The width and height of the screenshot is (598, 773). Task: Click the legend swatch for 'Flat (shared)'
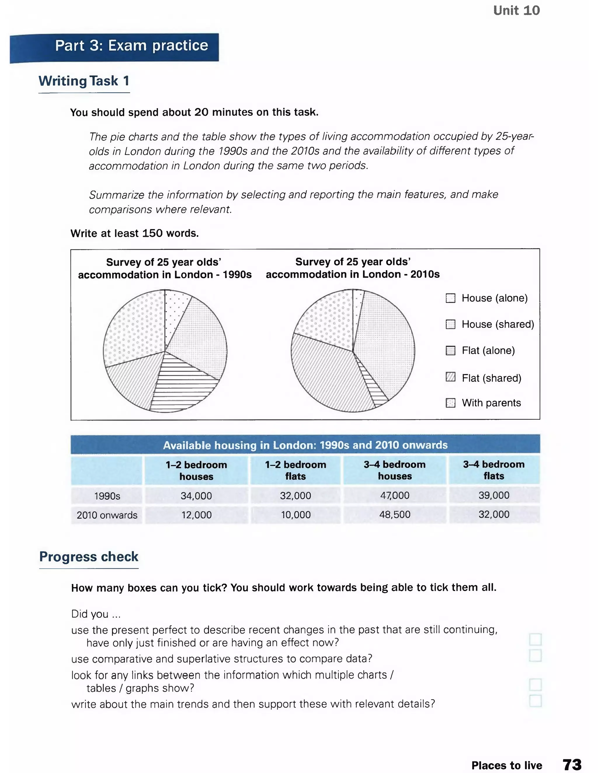pyautogui.click(x=450, y=377)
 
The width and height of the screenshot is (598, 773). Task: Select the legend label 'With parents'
pyautogui.click(x=491, y=403)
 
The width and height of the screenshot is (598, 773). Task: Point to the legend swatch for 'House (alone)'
pyautogui.click(x=450, y=298)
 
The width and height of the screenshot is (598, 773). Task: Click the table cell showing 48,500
pyautogui.click(x=395, y=514)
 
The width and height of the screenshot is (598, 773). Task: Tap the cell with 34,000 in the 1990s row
pyautogui.click(x=196, y=496)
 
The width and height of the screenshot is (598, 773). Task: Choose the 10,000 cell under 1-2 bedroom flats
pyautogui.click(x=295, y=515)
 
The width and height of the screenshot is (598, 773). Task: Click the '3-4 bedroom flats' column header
pyautogui.click(x=494, y=470)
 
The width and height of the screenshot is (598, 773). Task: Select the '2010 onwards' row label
pyautogui.click(x=107, y=515)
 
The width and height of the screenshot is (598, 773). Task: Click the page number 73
pyautogui.click(x=572, y=765)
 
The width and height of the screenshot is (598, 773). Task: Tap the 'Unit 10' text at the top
pyautogui.click(x=516, y=11)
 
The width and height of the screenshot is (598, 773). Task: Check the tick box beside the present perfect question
pyautogui.click(x=535, y=639)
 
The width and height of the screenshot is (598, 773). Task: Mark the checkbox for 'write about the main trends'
pyautogui.click(x=535, y=700)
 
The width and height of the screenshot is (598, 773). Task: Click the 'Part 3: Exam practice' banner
pyautogui.click(x=131, y=46)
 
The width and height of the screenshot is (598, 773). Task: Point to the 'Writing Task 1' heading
pyautogui.click(x=84, y=81)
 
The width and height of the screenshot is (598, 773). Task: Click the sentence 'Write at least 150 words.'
pyautogui.click(x=135, y=233)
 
